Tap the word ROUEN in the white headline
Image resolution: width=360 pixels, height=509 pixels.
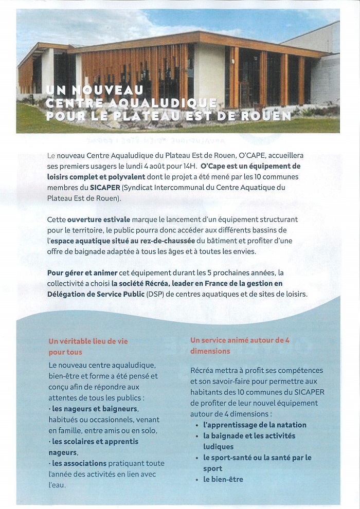tap(268, 116)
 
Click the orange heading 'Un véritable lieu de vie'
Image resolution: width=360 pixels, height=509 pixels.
tap(88, 341)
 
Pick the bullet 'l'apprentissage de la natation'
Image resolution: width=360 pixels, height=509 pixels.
tap(255, 425)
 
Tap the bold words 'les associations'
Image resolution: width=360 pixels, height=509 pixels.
tap(80, 463)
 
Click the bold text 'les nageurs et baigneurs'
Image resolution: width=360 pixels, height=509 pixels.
tap(95, 409)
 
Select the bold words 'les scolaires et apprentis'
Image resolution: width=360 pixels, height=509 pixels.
tap(95, 441)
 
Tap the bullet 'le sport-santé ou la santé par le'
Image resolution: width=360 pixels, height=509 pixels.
tap(257, 458)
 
